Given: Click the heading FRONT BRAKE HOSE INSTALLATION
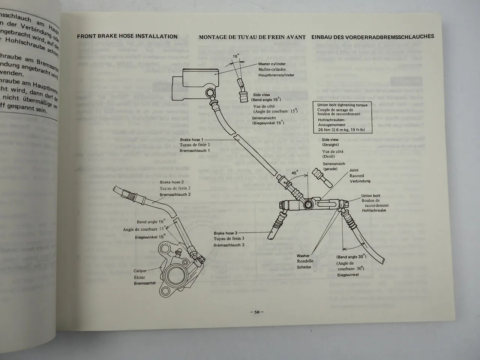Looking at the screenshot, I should tap(127, 36).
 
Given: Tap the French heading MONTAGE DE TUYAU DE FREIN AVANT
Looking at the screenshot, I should tap(252, 37).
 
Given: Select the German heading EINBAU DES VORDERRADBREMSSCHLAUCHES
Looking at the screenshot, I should tap(372, 36).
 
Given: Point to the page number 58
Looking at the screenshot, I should tap(257, 312).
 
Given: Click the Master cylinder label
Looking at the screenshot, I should tap(272, 64).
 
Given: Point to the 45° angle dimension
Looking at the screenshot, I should tap(295, 173).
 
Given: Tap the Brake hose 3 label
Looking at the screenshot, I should tap(225, 233).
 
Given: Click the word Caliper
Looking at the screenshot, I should tap(140, 271).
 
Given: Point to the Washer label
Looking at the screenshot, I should tap(303, 255).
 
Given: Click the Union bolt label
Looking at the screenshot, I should tap(370, 196).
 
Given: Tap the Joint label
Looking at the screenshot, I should tap(354, 170).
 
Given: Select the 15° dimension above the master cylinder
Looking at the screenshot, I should tap(235, 56).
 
